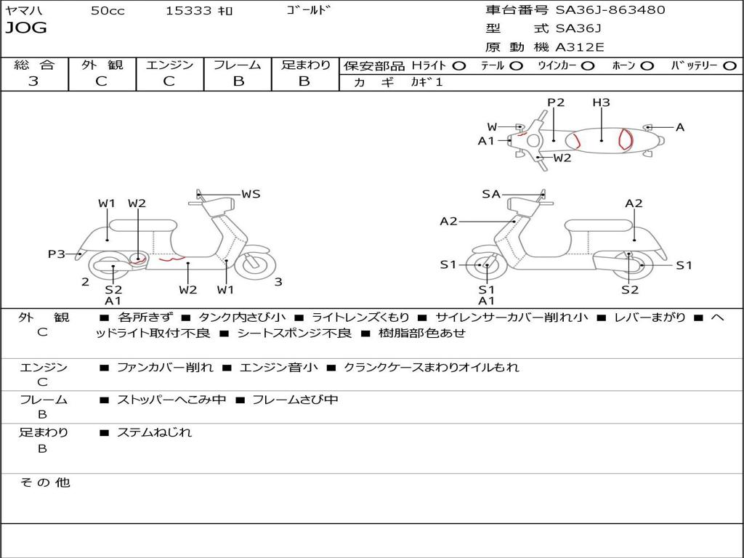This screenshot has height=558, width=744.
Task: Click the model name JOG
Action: click(26, 28)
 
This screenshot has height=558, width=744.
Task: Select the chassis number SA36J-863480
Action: click(610, 10)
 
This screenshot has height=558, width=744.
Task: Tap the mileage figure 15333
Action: click(189, 11)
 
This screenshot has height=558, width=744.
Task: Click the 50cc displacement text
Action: click(108, 11)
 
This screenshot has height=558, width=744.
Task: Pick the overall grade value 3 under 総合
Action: click(33, 81)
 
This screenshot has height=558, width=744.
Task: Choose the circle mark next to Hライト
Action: click(458, 66)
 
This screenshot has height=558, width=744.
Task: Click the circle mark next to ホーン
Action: click(647, 66)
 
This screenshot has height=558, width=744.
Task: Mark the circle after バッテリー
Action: click(729, 66)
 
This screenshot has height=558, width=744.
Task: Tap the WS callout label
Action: click(251, 194)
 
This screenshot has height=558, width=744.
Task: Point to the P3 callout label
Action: click(57, 254)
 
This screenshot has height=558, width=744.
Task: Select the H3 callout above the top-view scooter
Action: click(601, 102)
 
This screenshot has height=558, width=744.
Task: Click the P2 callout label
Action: click(556, 102)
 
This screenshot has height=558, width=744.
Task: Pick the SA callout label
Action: click(491, 194)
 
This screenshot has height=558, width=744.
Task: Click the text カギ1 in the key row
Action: click(426, 82)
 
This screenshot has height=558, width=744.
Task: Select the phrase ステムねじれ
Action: click(154, 432)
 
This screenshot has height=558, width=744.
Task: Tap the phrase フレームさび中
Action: click(295, 400)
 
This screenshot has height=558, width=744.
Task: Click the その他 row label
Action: click(44, 482)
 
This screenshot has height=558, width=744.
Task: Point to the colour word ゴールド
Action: click(309, 10)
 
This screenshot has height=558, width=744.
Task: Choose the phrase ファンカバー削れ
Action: click(165, 368)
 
